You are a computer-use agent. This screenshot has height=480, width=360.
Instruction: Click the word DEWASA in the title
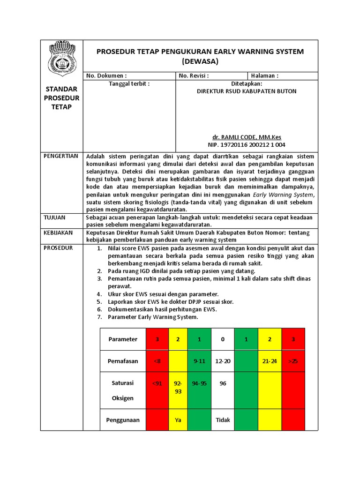click(200, 61)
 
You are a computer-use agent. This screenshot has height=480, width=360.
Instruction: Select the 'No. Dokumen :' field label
click(106, 75)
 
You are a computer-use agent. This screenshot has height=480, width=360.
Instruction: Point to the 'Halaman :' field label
click(265, 75)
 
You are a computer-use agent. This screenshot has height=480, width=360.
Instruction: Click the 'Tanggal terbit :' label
click(129, 83)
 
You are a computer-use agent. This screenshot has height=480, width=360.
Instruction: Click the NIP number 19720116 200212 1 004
click(247, 145)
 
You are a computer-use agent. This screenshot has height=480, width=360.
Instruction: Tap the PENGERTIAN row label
click(61, 156)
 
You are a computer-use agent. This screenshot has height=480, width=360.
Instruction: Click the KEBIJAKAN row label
click(59, 233)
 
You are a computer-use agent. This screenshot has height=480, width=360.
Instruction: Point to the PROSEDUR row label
click(58, 248)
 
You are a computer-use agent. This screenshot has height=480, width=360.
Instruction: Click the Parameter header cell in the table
click(123, 339)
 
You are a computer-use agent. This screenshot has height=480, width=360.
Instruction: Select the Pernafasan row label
click(123, 361)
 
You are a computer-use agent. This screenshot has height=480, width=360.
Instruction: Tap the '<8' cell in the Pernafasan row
click(157, 361)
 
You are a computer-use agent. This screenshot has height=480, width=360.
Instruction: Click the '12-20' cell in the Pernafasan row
click(223, 361)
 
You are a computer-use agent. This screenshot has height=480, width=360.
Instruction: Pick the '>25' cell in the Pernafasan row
click(293, 361)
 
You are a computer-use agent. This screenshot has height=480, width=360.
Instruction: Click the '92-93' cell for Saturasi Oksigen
click(178, 387)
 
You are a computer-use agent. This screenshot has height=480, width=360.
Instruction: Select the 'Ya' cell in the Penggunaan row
click(178, 420)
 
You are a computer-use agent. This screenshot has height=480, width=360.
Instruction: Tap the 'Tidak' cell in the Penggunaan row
click(223, 420)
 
